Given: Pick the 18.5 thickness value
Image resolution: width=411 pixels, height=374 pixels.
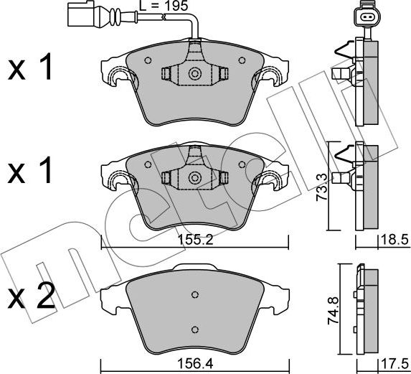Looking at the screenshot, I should coord(395,242).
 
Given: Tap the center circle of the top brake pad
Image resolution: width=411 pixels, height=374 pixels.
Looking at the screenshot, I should coord(194,73).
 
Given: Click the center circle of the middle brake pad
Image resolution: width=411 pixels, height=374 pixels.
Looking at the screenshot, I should coord(194,177).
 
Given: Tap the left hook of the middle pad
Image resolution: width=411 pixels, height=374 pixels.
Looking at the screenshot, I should coord(115,179).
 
